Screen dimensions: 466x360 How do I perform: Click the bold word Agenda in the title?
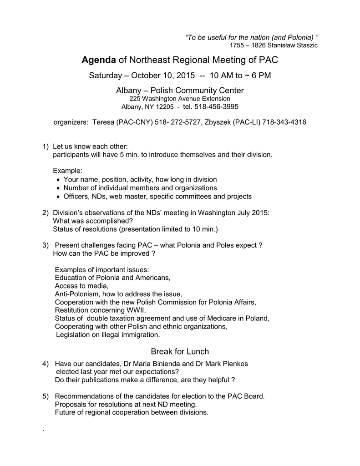[x=98, y=60]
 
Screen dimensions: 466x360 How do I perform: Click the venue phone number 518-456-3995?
[x=216, y=106]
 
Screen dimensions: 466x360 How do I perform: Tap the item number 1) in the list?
[x=45, y=147]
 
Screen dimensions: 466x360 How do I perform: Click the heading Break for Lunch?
[x=180, y=351]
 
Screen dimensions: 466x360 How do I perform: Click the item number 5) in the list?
[x=45, y=396]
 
